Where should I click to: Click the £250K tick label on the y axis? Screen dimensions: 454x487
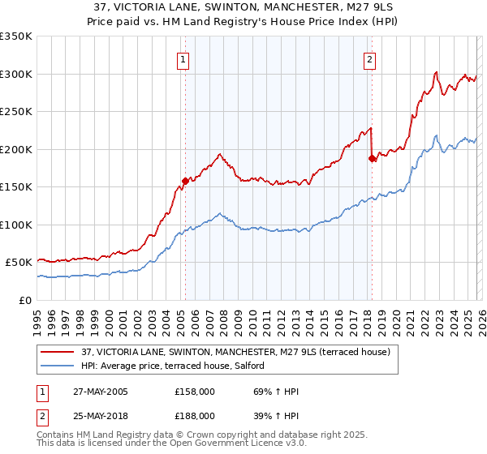(16, 111)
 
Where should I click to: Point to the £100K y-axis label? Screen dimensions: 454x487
(16, 225)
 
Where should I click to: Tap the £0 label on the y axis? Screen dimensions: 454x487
(24, 300)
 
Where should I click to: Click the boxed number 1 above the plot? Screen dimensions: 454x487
(183, 59)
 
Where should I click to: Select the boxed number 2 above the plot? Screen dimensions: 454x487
(370, 59)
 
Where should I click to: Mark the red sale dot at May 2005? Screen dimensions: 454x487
(185, 181)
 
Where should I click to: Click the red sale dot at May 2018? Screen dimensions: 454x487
(372, 158)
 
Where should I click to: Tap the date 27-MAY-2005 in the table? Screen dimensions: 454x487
(99, 392)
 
